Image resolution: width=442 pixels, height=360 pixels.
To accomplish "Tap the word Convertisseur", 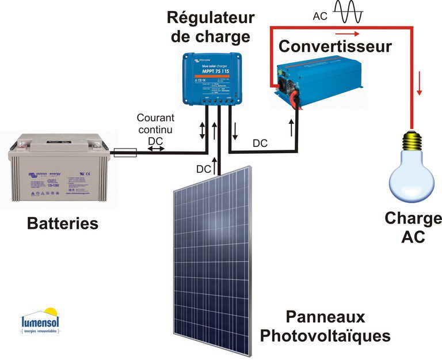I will [334, 46].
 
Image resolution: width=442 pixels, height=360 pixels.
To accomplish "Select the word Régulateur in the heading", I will [210, 17].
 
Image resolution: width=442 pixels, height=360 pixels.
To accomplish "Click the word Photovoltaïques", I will [325, 335].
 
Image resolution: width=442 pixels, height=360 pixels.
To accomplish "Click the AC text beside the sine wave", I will [321, 16].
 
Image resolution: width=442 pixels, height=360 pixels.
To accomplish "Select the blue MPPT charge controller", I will [212, 78].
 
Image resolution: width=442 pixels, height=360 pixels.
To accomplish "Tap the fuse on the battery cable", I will [124, 153].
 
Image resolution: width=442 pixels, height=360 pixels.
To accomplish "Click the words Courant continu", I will [155, 123].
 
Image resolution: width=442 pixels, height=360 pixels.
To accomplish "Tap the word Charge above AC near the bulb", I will [413, 219].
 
